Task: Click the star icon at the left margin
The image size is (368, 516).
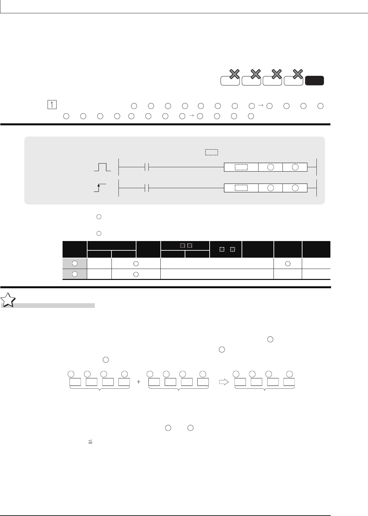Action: tap(8, 300)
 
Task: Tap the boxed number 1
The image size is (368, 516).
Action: tap(52, 105)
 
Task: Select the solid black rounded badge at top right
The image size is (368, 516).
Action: tap(314, 80)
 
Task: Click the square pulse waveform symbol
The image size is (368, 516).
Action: tap(102, 167)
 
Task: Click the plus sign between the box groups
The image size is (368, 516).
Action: tap(138, 382)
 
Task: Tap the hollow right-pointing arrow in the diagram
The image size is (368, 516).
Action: tap(224, 382)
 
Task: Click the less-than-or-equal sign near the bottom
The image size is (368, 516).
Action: tap(91, 442)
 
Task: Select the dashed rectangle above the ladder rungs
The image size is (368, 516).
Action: tap(212, 152)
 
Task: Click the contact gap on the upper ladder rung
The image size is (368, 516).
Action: tap(147, 167)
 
